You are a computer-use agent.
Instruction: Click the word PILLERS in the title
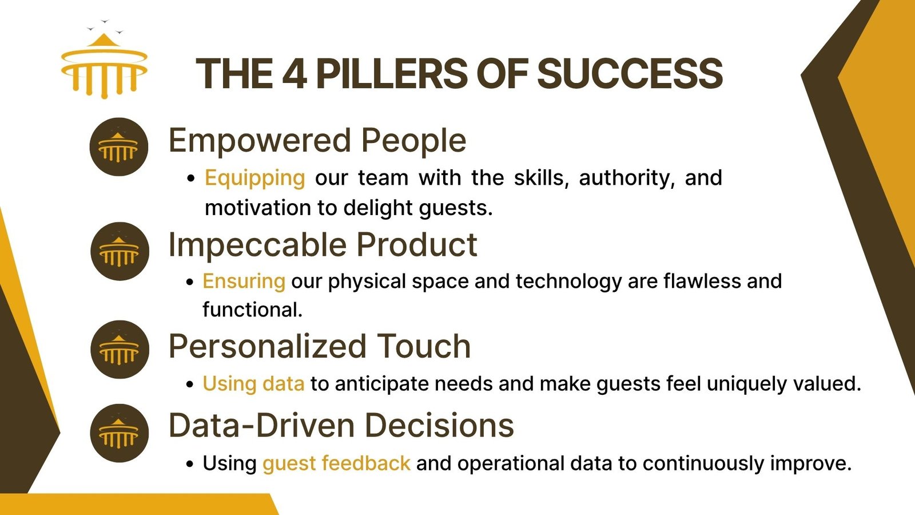[392, 74]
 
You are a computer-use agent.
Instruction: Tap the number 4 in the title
[295, 74]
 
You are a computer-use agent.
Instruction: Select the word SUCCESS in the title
[630, 74]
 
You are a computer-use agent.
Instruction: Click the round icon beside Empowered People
[119, 146]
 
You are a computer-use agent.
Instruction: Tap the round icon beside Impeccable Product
[120, 251]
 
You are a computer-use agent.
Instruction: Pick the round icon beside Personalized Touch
[120, 350]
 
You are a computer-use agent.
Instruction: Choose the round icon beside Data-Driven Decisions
[120, 433]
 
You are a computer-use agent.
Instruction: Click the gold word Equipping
[255, 179]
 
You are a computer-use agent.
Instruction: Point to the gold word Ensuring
[244, 282]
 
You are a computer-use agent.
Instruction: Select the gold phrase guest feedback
[336, 463]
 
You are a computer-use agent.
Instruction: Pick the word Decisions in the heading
[439, 426]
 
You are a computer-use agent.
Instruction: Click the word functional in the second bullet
[252, 310]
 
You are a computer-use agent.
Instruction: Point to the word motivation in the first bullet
[258, 208]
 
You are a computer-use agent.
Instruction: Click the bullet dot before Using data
[189, 385]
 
